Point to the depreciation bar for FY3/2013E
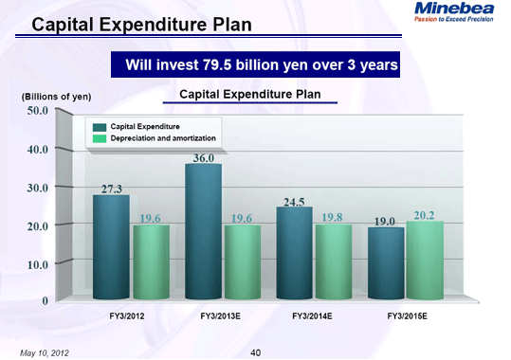[241, 262]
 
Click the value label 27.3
[111, 189]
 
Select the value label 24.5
[295, 201]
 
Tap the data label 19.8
[332, 218]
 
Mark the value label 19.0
[384, 221]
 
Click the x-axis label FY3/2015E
[407, 313]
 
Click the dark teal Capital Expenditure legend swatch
[100, 126]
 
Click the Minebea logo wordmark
[459, 9]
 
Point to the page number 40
[255, 351]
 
